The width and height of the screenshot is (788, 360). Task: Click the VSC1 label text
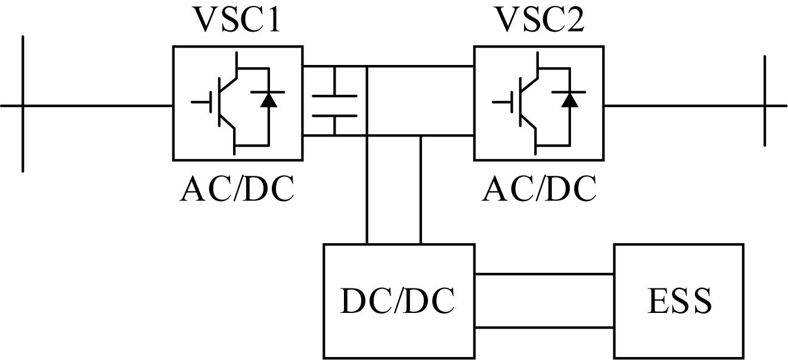tap(238, 20)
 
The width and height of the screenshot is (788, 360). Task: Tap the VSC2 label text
tap(539, 20)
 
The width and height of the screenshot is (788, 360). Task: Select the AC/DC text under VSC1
tap(237, 190)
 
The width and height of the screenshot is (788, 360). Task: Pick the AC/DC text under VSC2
tap(539, 190)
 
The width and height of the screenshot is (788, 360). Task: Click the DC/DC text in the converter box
tap(398, 302)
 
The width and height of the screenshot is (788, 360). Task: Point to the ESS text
tap(680, 301)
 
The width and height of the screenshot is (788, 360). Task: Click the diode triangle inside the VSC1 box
tap(269, 100)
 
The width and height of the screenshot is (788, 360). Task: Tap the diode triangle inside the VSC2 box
tap(570, 100)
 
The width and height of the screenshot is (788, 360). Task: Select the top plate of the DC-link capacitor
tap(334, 96)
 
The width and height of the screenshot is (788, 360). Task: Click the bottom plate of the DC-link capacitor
tap(334, 116)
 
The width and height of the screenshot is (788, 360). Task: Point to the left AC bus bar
tap(23, 104)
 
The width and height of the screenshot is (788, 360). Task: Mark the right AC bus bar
tap(764, 101)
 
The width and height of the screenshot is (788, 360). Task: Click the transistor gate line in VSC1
tap(210, 102)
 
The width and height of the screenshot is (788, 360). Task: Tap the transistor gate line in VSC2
tap(511, 102)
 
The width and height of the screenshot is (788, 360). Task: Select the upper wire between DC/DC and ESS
tap(545, 274)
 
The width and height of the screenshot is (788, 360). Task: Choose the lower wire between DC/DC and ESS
tap(545, 328)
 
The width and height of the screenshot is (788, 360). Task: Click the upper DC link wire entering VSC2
tap(420, 66)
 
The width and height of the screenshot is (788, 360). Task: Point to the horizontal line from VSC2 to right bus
tap(696, 105)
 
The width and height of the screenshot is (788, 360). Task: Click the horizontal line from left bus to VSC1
tap(86, 105)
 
